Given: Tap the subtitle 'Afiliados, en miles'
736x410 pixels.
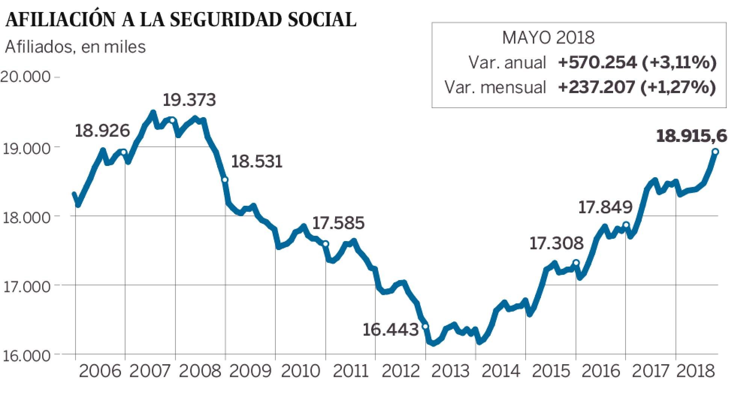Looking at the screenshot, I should click(75, 47).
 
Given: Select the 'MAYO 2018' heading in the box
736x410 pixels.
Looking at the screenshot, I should click(548, 38).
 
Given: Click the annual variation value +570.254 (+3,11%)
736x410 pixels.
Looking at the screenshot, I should click(637, 62).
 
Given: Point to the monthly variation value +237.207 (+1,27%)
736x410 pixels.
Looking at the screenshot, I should click(637, 87).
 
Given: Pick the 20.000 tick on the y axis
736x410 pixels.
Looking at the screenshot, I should click(26, 77).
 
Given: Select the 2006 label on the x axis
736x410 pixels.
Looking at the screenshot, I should click(101, 372).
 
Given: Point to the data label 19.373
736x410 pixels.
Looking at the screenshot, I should click(189, 100).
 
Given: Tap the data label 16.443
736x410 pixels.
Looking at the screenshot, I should click(390, 330).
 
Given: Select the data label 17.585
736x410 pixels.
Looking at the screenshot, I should click(338, 223).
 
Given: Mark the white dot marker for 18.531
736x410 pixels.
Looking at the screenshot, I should click(225, 180).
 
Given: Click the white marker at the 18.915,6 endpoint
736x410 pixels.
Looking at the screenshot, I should click(715, 152).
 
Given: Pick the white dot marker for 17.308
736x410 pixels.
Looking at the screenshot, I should click(576, 262).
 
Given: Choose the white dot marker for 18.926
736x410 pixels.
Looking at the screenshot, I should click(124, 152).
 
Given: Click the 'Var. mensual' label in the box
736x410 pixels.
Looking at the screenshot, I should click(495, 87).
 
